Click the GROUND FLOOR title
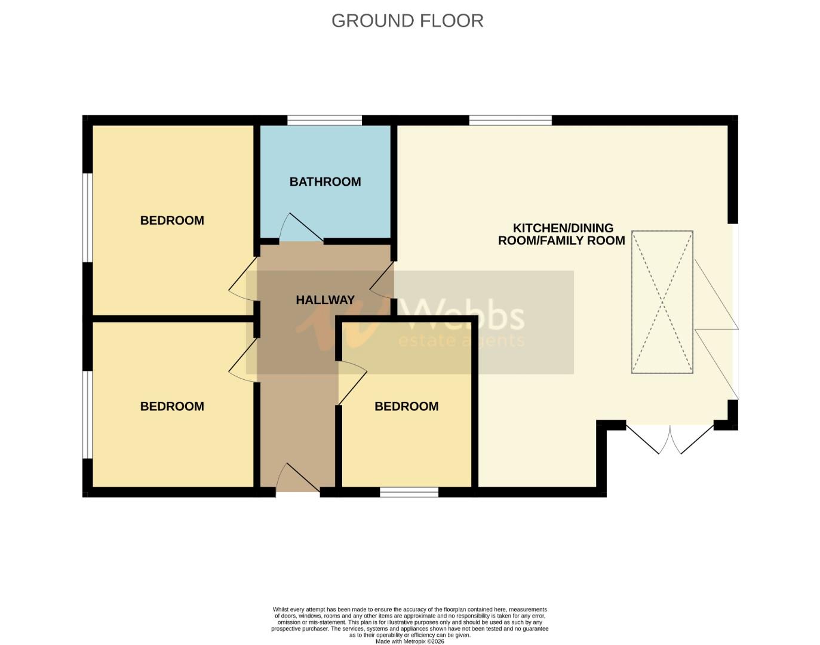(407, 20)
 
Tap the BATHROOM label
(325, 182)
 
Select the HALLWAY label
(325, 300)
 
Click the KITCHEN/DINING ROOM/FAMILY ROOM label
(561, 234)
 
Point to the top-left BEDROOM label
(172, 220)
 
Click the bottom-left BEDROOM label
(172, 406)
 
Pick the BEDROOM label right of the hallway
(406, 406)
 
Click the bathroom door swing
(299, 228)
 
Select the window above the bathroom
(324, 120)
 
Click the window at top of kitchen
(510, 120)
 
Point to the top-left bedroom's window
(87, 217)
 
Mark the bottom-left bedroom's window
(87, 414)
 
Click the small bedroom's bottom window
(409, 492)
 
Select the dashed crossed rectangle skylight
(662, 302)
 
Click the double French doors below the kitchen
(669, 439)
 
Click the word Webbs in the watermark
(460, 315)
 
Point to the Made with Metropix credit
(410, 641)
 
